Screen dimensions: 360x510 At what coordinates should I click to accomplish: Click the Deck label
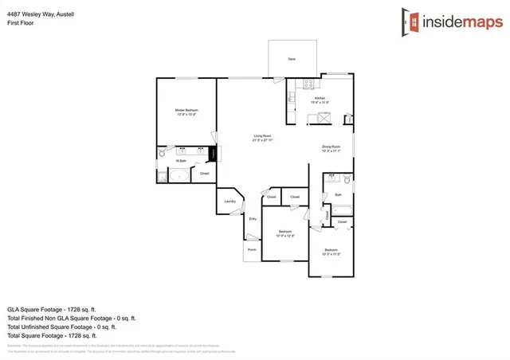(292, 60)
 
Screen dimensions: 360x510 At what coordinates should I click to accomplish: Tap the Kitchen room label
(320, 100)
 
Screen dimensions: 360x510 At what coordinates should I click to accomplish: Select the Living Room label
(264, 138)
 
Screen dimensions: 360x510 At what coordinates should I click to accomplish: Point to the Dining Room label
(331, 148)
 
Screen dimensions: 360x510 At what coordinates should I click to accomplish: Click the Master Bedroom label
(186, 112)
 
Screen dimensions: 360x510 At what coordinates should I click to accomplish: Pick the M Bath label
(182, 161)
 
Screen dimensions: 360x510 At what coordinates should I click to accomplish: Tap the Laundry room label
(229, 202)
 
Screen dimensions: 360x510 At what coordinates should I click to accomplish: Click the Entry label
(253, 218)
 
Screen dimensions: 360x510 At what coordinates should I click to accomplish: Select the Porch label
(252, 249)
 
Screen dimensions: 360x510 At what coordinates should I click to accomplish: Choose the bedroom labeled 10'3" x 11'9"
(331, 253)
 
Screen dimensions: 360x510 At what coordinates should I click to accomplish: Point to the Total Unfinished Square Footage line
(61, 327)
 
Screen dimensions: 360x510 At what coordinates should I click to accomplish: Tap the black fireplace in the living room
(213, 154)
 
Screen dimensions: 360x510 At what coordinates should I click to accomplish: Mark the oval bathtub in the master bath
(178, 176)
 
